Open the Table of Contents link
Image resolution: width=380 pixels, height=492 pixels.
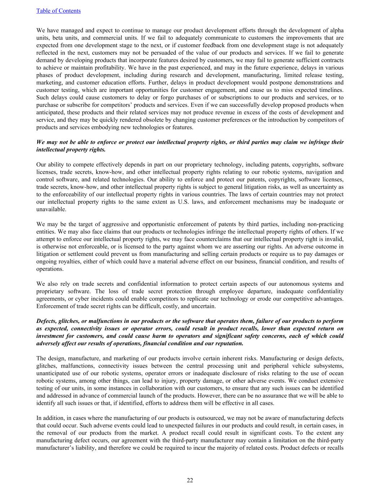58,11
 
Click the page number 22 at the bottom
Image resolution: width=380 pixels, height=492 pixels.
190,480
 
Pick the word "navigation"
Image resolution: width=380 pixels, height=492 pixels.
316,172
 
